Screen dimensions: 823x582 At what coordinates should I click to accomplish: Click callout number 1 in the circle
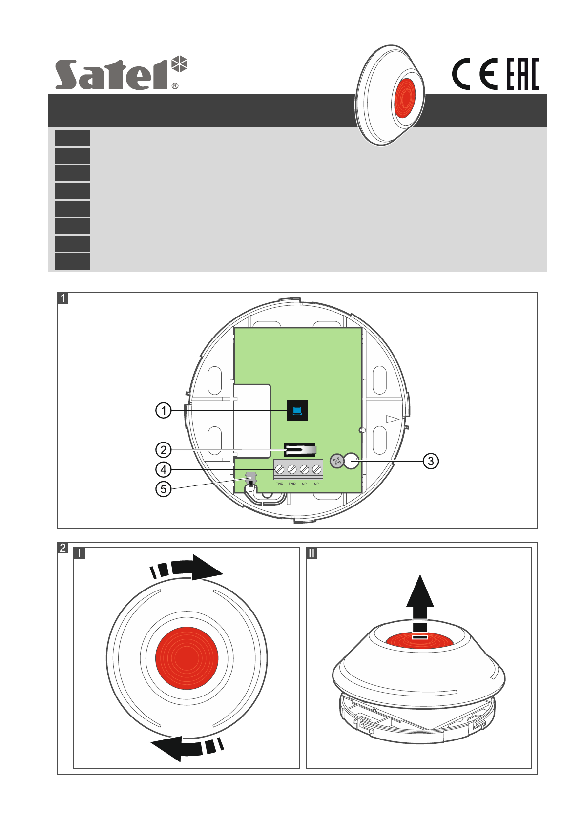[x=164, y=411]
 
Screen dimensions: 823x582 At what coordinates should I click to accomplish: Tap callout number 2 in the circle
[x=164, y=449]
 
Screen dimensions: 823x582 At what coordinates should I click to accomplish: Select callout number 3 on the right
[x=430, y=461]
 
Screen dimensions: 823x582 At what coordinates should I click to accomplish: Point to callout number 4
[x=164, y=470]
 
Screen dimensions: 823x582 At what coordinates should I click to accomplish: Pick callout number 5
[x=164, y=489]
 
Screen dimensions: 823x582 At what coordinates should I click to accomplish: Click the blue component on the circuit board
[x=297, y=411]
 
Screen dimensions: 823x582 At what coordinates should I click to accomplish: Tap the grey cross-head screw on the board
[x=337, y=461]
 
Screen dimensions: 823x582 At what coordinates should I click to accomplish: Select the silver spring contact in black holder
[x=300, y=448]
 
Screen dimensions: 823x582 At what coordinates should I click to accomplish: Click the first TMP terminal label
[x=279, y=484]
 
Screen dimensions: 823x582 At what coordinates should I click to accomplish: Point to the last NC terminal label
[x=316, y=484]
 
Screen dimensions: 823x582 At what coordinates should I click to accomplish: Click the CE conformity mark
[x=474, y=74]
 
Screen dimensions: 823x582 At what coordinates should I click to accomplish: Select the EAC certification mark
[x=522, y=74]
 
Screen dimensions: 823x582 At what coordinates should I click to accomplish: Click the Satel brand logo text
[x=115, y=75]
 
